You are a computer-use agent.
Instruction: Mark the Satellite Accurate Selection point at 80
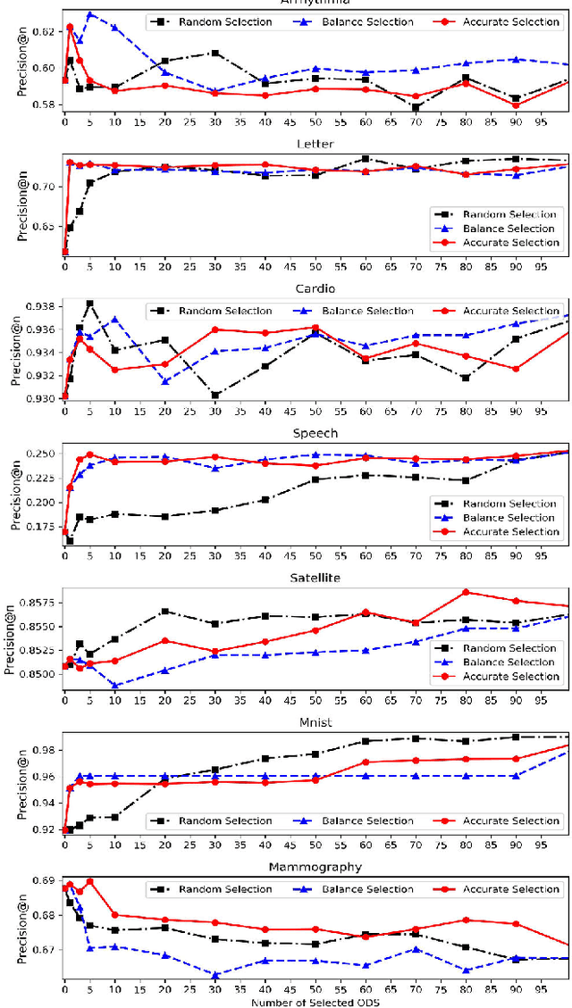[x=465, y=592]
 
